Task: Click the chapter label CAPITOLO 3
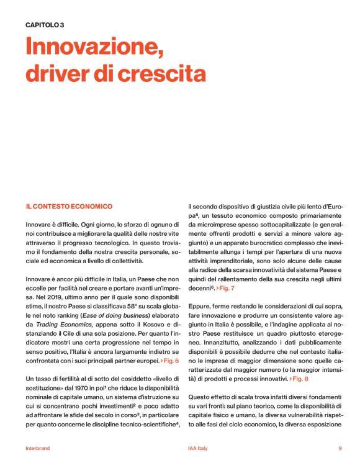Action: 44,25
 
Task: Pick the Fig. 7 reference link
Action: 225,288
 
